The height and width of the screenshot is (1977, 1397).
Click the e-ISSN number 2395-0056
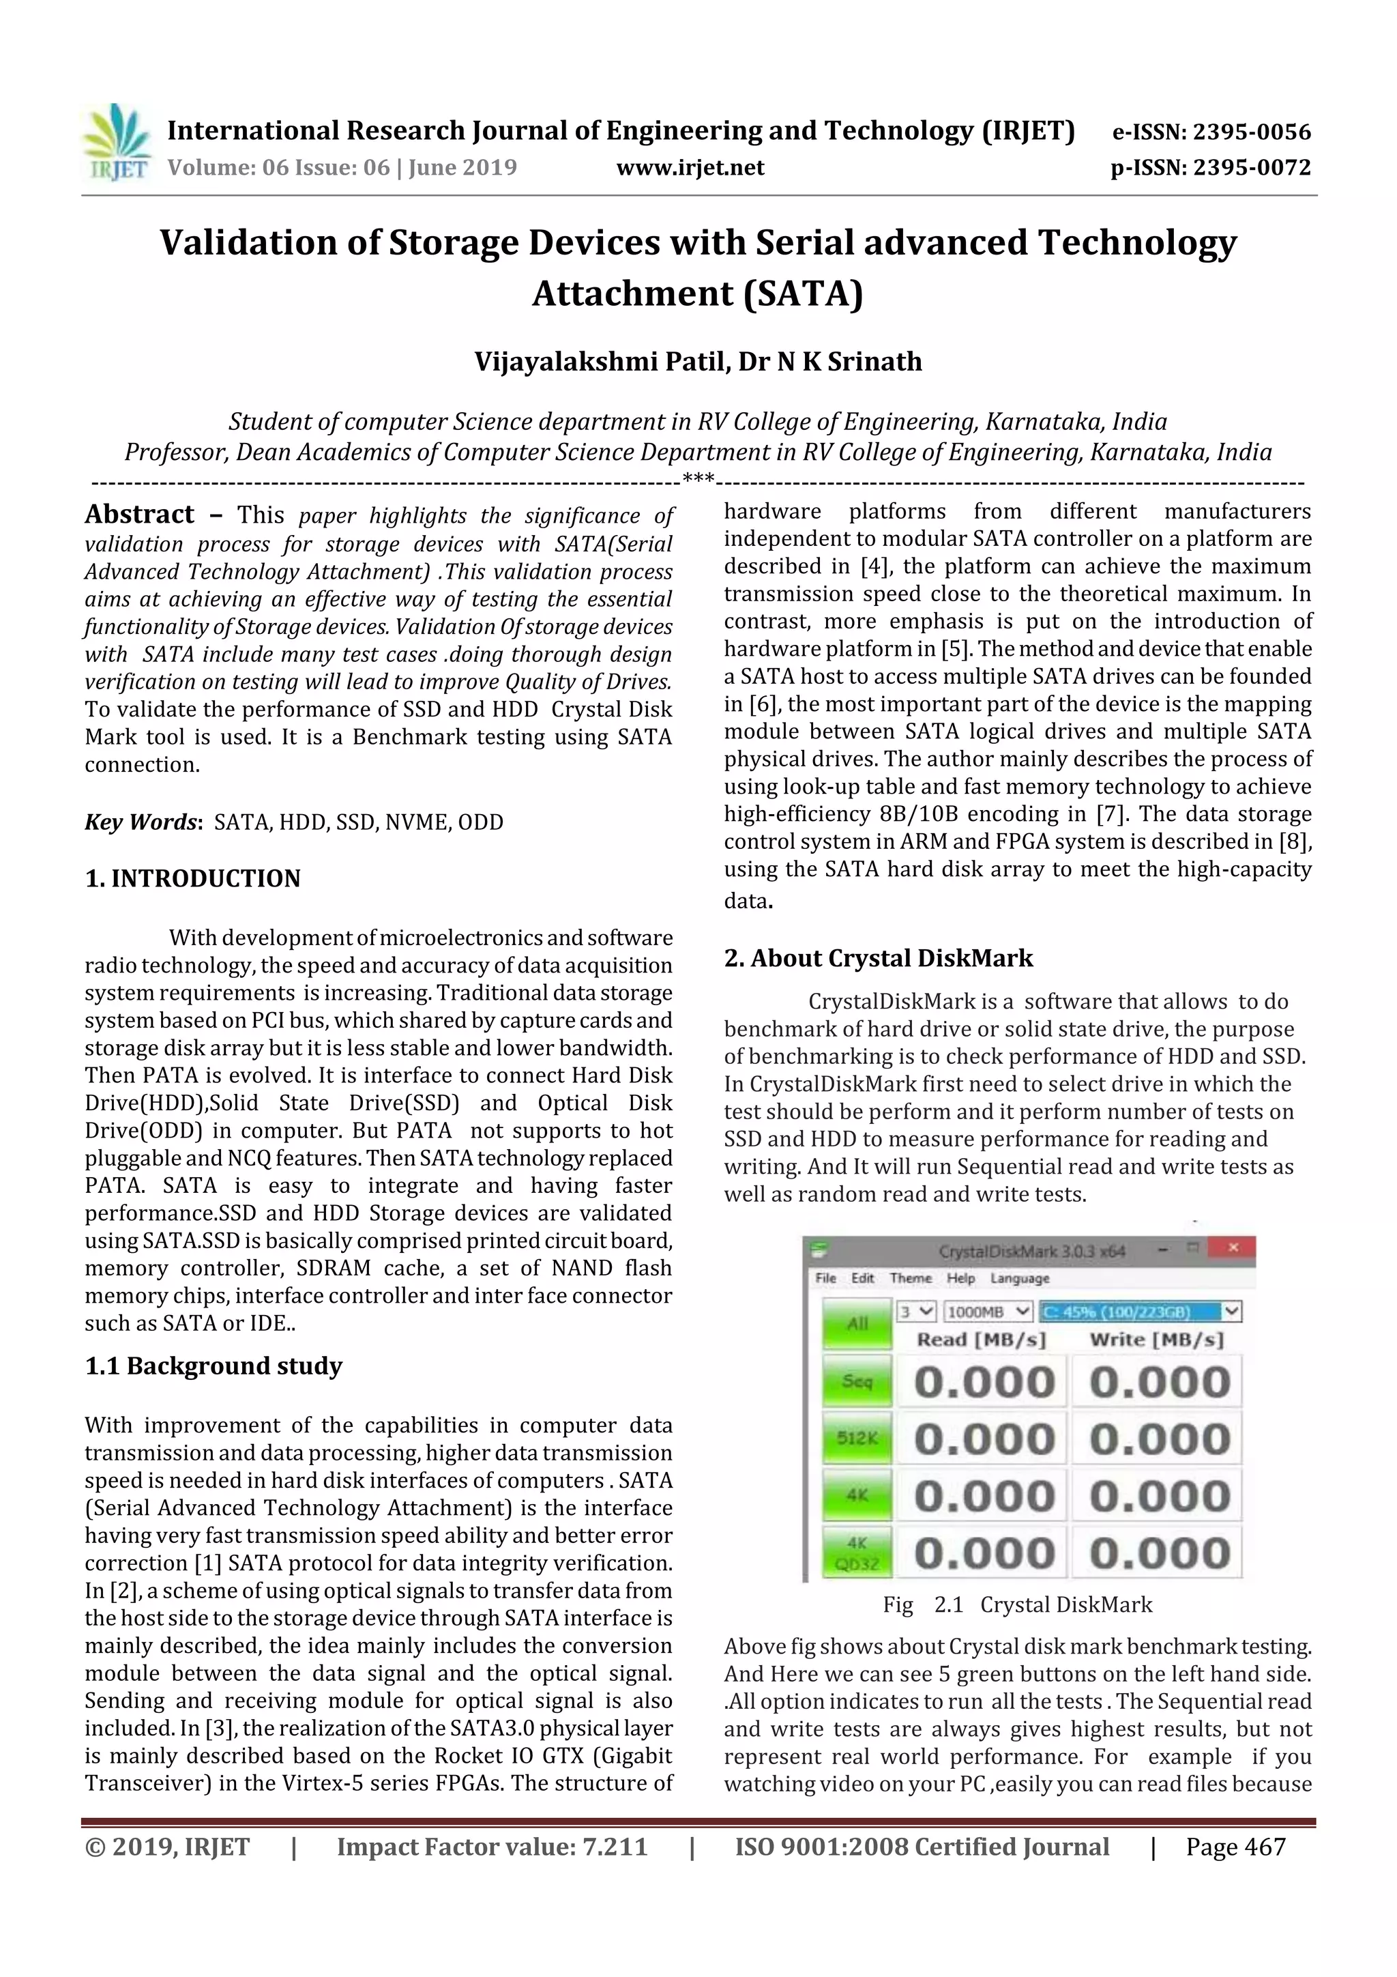point(1250,132)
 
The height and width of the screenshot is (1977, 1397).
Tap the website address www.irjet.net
point(690,167)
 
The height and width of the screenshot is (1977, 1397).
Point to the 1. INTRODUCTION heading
point(193,878)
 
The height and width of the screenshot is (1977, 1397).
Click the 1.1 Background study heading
point(214,1366)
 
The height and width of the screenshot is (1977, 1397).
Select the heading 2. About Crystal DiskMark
point(878,958)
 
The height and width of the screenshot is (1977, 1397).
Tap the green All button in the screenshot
point(857,1323)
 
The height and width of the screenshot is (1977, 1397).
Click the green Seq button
point(857,1381)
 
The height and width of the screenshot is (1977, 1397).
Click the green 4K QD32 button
point(857,1553)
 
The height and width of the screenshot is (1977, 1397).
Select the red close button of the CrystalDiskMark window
point(1233,1247)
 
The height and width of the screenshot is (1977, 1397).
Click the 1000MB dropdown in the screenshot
point(987,1312)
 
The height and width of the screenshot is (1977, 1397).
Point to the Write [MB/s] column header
point(1156,1340)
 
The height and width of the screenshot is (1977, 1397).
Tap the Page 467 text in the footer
point(1235,1847)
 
